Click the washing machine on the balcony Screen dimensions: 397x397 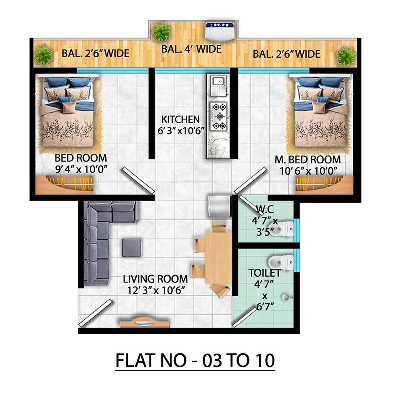pos(219,31)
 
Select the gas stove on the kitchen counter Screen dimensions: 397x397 pos(219,116)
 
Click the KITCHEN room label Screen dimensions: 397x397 pos(181,119)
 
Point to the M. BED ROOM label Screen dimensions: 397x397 pos(308,160)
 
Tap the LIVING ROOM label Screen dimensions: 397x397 pos(155,279)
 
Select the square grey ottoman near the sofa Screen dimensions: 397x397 pos(132,248)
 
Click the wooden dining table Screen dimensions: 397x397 pos(218,258)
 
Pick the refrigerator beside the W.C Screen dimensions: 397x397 pos(219,206)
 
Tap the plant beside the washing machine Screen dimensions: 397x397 pos(161,32)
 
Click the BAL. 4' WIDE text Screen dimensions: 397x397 pos(191,49)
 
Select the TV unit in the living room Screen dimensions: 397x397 pos(145,323)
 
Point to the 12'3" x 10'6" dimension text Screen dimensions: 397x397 pos(156,290)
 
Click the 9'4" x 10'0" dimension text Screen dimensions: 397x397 pos(81,169)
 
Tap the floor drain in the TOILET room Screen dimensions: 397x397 pos(285,297)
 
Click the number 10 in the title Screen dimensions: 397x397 pos(265,360)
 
